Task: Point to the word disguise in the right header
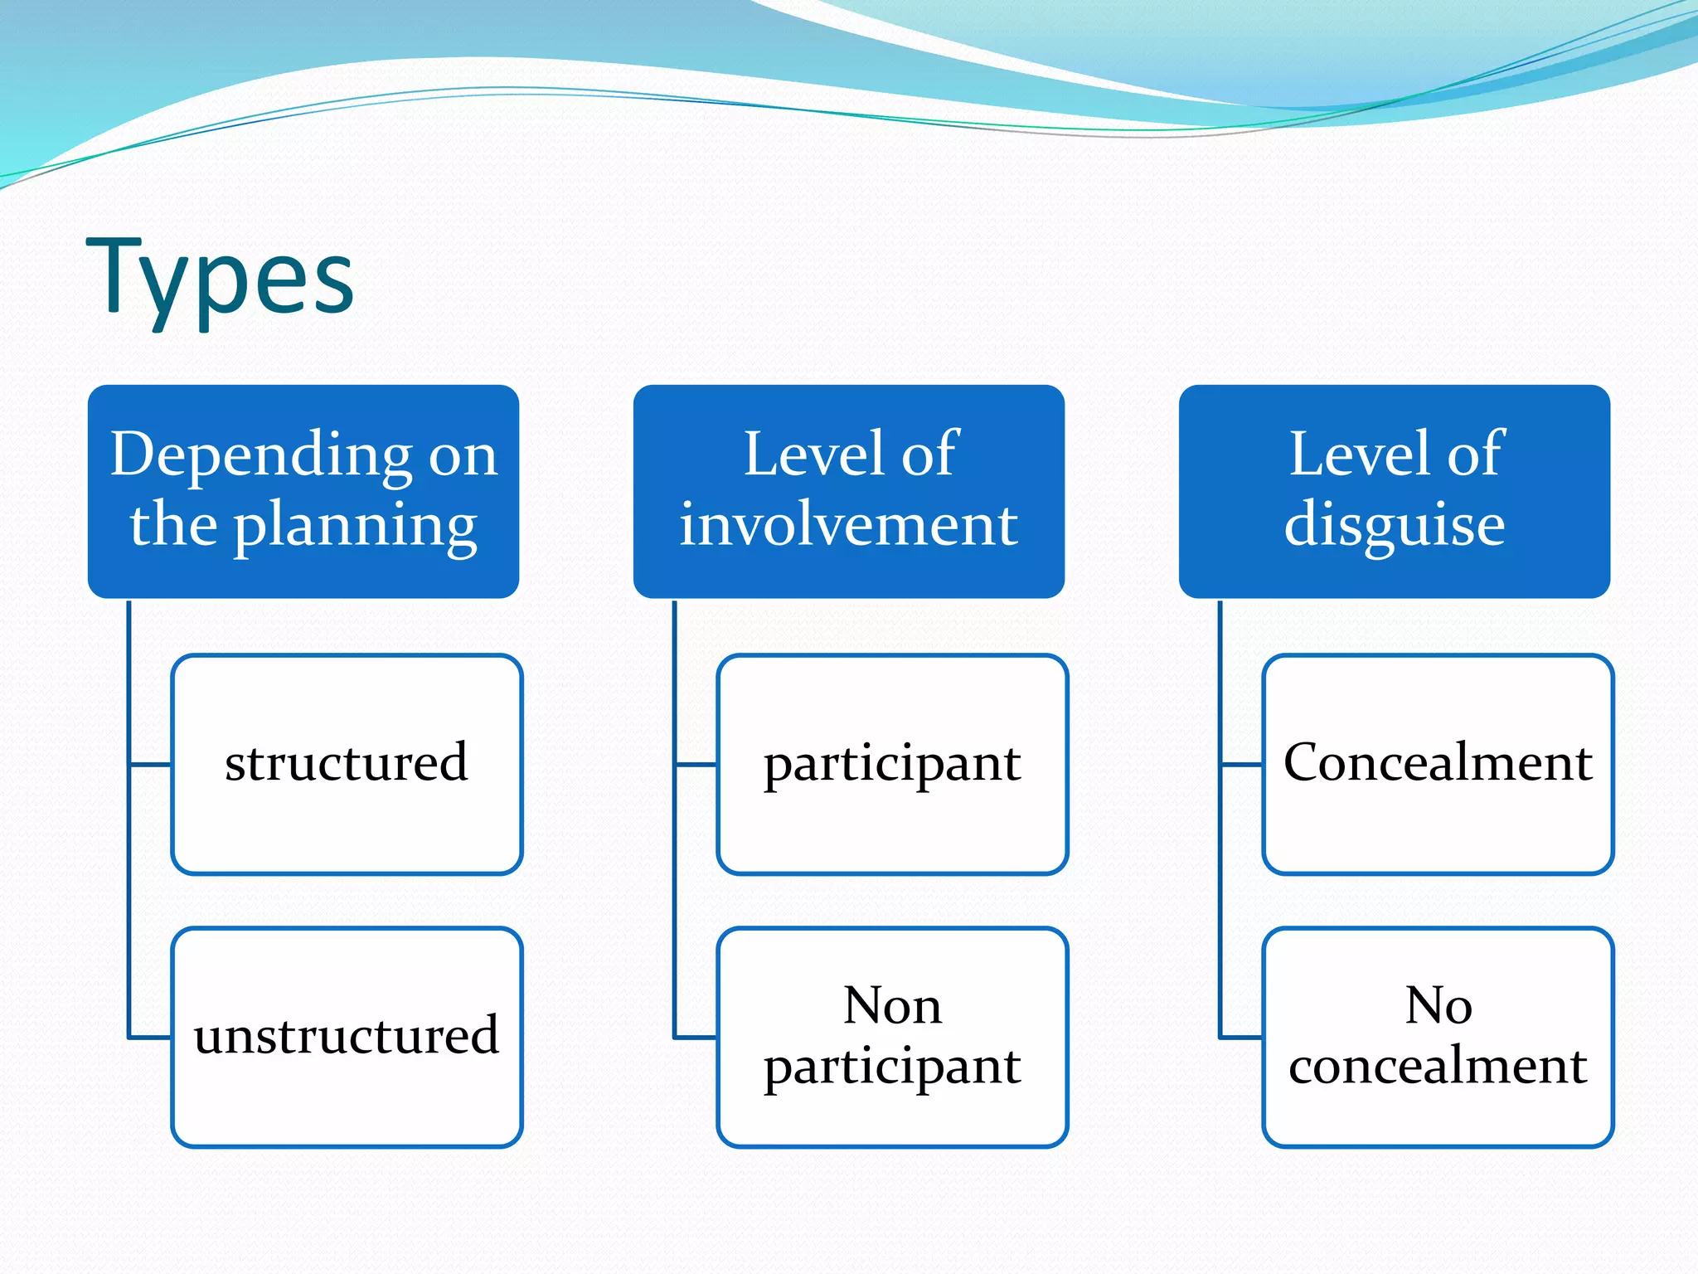1395,526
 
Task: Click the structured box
347,763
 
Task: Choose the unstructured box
347,1037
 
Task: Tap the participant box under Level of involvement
892,763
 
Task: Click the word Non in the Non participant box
892,1005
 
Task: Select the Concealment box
1438,763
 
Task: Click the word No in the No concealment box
1438,1005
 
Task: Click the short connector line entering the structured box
151,764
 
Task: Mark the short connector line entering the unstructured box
151,1037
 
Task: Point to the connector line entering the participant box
696,764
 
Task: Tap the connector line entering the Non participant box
696,1037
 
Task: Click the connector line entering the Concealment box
1242,764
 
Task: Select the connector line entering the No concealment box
1242,1037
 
